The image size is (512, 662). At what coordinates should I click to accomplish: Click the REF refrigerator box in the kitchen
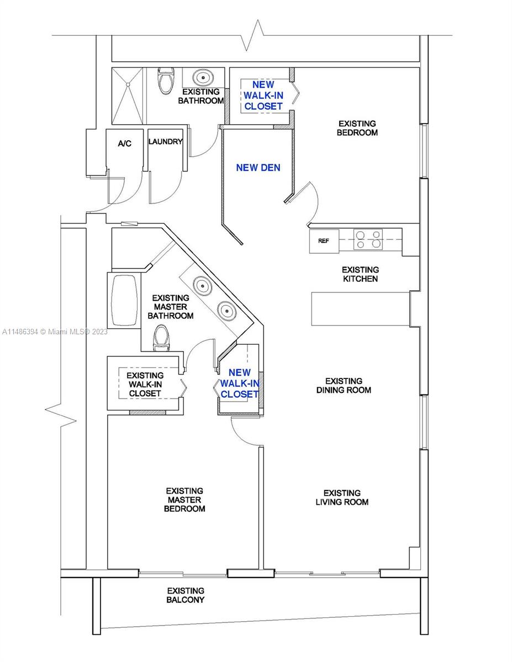324,241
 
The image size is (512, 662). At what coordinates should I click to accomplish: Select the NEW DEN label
258,168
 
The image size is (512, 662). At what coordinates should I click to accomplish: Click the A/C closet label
125,143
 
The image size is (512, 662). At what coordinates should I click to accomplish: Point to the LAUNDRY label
165,142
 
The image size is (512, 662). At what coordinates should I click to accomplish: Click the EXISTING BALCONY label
186,595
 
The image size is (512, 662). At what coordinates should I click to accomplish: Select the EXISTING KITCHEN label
360,274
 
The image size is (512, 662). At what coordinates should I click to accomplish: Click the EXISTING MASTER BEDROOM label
184,499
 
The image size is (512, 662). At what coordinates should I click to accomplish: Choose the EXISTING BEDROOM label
358,128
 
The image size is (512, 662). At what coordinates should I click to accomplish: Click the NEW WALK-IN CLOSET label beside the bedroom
263,95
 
